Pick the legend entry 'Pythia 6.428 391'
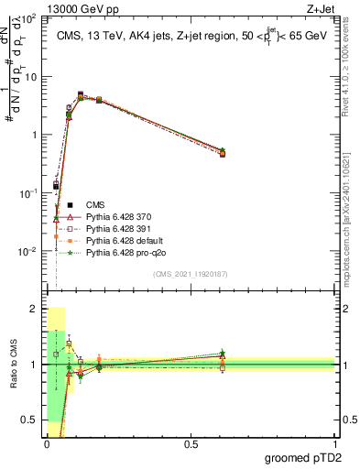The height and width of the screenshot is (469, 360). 115,226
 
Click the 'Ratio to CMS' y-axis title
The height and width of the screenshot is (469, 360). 15,365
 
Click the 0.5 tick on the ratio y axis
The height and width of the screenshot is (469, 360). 29,420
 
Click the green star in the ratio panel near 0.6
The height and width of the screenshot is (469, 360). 223,353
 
